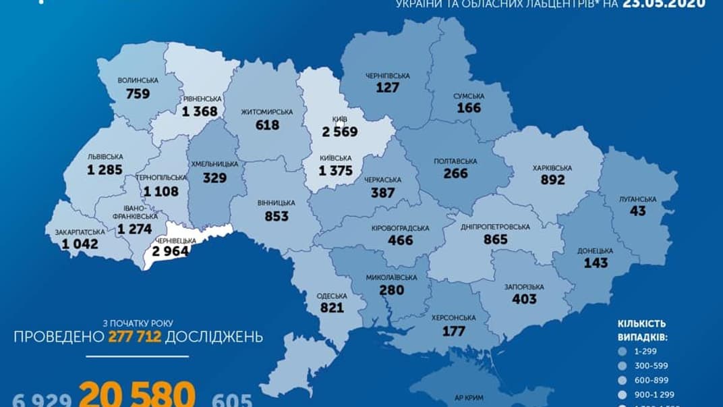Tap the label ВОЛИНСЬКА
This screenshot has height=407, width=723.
point(138,80)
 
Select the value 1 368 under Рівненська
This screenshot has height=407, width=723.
point(200,111)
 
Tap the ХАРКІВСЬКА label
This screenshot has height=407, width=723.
point(552,167)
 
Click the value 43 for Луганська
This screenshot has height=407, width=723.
point(637,211)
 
